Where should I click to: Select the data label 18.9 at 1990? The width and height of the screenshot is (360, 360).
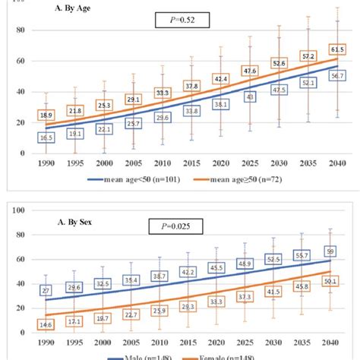[x=46, y=115]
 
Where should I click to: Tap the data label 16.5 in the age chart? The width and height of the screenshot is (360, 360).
[x=46, y=137]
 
